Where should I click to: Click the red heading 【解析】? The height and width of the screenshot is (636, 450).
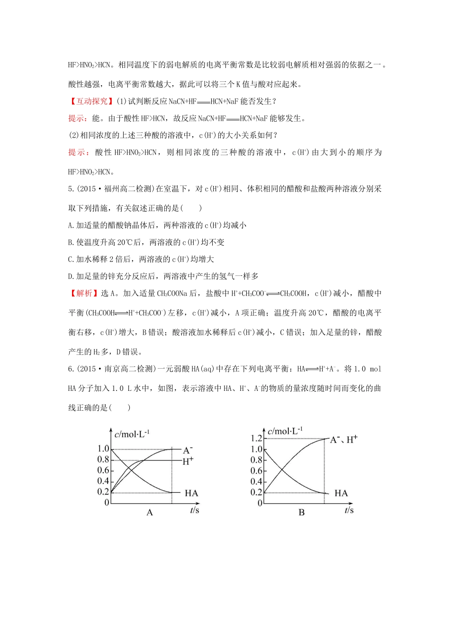tap(83, 293)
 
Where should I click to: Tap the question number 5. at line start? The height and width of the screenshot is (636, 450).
tap(71, 189)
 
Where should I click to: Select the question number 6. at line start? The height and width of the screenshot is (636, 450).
tap(71, 369)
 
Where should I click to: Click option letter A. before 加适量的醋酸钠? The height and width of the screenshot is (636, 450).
tap(72, 225)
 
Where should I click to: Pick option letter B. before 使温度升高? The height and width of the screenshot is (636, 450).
tap(72, 242)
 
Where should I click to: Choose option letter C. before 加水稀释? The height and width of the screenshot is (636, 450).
tap(72, 259)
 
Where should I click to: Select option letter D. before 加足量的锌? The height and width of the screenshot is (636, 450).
tap(72, 276)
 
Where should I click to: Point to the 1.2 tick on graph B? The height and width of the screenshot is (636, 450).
tap(256, 439)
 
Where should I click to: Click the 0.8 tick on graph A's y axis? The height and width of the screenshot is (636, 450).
tap(103, 459)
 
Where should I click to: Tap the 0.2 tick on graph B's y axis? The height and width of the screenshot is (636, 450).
tap(256, 492)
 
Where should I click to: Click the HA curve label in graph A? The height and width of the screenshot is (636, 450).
tap(191, 493)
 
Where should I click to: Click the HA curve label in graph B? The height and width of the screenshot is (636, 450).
tap(341, 493)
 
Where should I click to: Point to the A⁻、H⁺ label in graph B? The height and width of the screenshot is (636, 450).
tap(344, 440)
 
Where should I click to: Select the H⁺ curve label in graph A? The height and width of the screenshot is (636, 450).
tap(188, 461)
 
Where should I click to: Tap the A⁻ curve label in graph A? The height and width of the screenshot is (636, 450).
tap(188, 450)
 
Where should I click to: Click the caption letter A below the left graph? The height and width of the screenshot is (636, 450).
tap(150, 512)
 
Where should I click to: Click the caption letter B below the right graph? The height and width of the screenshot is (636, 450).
tap(302, 512)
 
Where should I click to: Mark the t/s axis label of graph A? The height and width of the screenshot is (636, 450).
tap(195, 510)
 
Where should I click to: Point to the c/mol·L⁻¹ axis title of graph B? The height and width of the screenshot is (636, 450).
tap(285, 431)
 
